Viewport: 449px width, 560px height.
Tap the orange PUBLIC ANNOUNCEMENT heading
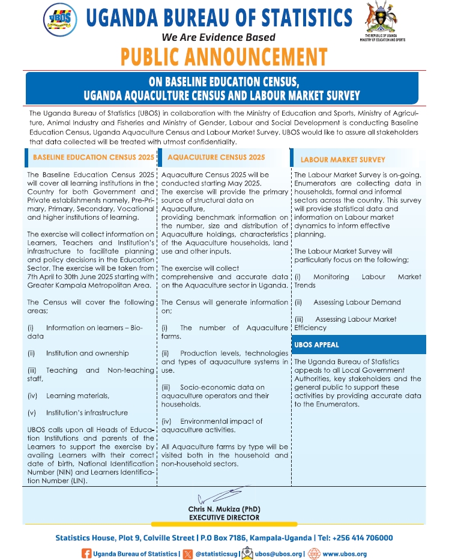pyautogui.click(x=224, y=56)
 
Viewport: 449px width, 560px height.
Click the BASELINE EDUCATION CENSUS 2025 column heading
pyautogui.click(x=92, y=157)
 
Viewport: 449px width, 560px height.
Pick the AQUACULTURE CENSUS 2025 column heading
pyautogui.click(x=216, y=157)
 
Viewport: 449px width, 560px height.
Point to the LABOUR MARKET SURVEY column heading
pyautogui.click(x=343, y=160)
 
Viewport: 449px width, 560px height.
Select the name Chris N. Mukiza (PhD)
pyautogui.click(x=224, y=509)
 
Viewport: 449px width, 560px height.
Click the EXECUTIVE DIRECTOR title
pyautogui.click(x=224, y=517)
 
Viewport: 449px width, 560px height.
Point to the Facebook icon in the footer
pyautogui.click(x=86, y=553)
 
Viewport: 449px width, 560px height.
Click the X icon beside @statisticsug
pyautogui.click(x=188, y=553)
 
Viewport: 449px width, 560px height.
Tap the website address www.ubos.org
pyautogui.click(x=344, y=554)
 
